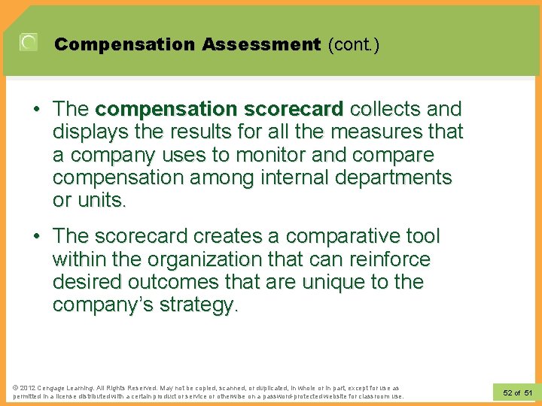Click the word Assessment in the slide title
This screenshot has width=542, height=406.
(x=260, y=44)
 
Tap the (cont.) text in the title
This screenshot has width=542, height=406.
(x=354, y=44)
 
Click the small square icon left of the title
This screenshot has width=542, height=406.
(x=29, y=43)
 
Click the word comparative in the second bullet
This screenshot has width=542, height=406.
(x=327, y=236)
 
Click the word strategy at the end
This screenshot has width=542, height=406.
(x=199, y=305)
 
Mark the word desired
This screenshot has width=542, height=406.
(x=89, y=283)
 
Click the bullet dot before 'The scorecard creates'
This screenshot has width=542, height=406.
(x=37, y=237)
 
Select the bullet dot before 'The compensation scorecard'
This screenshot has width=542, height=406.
(x=37, y=110)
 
